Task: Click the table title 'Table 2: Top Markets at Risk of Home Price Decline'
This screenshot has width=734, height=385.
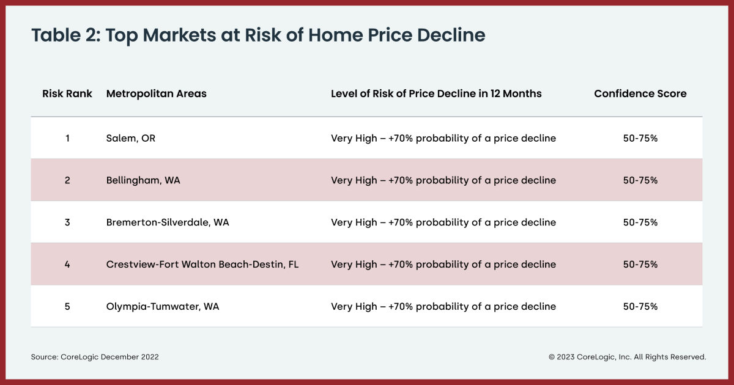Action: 258,35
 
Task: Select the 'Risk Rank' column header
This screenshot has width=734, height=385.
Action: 67,94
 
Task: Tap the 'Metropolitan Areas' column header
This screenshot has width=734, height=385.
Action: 157,94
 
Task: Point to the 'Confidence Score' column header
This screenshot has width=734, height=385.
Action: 640,94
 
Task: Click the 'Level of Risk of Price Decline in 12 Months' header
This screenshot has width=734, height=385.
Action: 436,94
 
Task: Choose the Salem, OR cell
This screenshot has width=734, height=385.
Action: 131,138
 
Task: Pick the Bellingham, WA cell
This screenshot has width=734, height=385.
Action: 143,180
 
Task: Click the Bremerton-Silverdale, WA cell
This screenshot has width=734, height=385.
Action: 168,222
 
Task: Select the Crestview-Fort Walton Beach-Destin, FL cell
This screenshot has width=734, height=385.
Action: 202,265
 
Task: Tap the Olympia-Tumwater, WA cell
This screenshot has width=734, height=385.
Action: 163,307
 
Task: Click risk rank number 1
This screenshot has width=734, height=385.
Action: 67,138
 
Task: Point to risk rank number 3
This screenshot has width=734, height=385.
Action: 67,222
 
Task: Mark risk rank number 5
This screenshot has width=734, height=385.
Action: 67,307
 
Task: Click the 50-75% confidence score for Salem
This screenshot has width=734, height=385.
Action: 640,138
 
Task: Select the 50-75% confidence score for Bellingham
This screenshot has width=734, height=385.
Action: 640,180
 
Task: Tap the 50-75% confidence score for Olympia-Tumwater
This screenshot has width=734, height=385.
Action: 640,307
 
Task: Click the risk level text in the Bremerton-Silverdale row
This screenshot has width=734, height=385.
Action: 443,222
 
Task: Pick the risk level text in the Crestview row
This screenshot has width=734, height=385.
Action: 443,265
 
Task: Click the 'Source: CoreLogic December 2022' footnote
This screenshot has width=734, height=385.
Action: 95,357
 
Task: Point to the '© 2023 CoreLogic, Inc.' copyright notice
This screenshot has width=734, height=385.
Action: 627,357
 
